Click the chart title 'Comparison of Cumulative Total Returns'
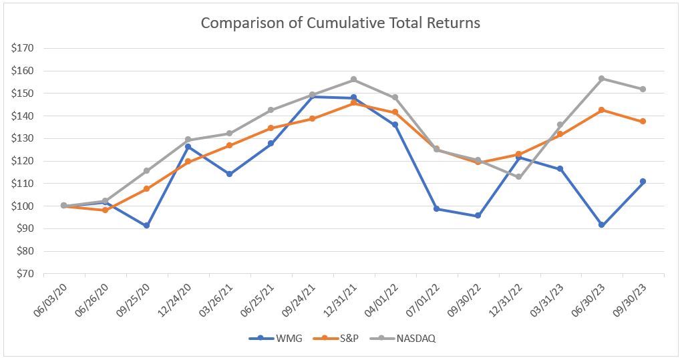pos(341,23)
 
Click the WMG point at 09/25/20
pos(146,226)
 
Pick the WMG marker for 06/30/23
pos(602,225)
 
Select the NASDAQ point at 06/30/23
pos(602,78)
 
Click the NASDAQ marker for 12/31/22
pos(519,177)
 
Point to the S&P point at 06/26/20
pos(105,210)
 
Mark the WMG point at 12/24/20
pos(188,146)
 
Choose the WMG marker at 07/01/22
pos(436,209)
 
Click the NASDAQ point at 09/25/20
pos(146,171)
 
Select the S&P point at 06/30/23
pos(602,110)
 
